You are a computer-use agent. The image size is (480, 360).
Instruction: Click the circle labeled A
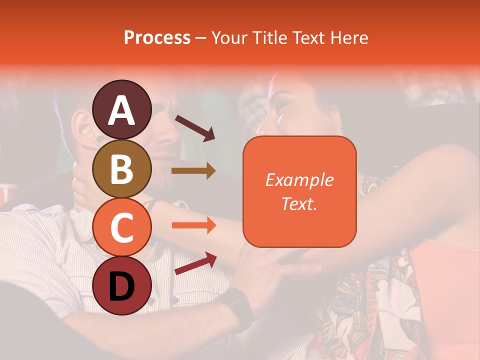tap(121, 109)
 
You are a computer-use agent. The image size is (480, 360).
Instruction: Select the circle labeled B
tap(121, 168)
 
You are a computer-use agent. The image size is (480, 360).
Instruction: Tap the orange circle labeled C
tap(121, 227)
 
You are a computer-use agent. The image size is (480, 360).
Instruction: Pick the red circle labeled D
tap(121, 285)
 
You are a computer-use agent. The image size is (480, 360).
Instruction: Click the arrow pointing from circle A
tap(194, 128)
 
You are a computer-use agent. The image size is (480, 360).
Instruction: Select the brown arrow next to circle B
tap(193, 171)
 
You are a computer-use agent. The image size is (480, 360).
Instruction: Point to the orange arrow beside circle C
tap(193, 225)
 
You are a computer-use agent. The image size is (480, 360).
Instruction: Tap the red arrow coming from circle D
tap(195, 263)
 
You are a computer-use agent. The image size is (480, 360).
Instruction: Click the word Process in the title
tap(157, 37)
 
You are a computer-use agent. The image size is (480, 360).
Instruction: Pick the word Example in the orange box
tap(299, 180)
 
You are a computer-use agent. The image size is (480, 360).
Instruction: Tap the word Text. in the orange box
tap(299, 203)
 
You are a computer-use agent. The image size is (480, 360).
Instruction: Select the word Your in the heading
tap(230, 37)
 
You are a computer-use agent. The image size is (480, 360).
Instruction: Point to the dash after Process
tap(200, 38)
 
